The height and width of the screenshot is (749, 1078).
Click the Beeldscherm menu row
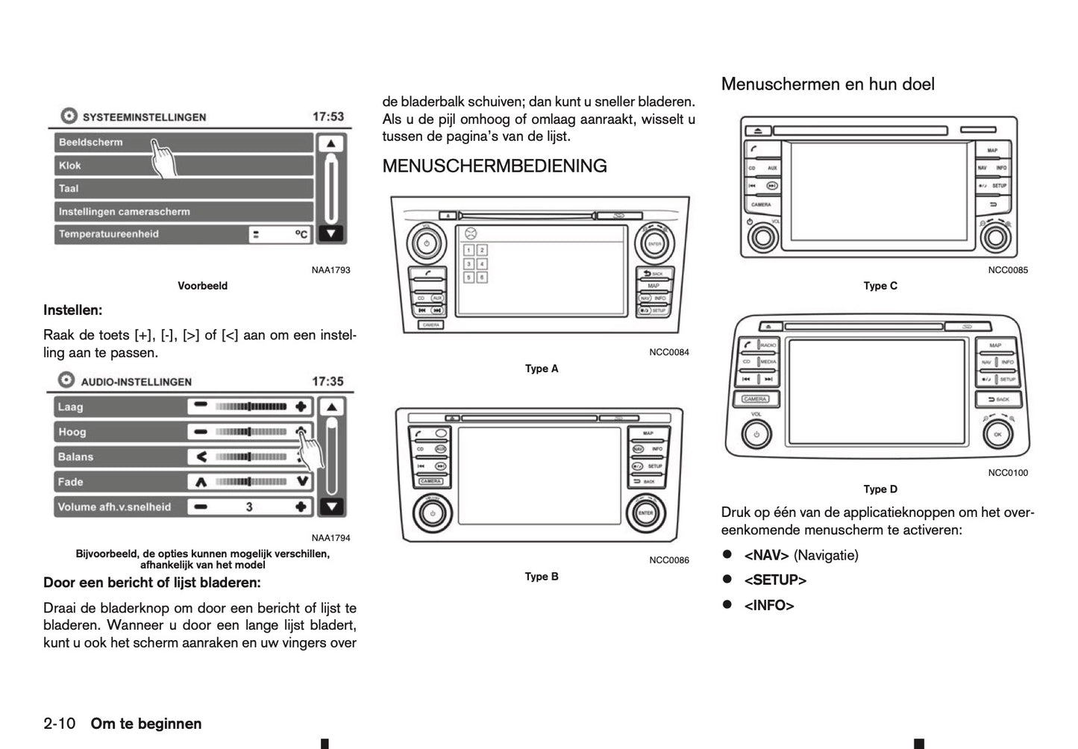(x=183, y=142)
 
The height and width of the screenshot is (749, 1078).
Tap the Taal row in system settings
(x=183, y=189)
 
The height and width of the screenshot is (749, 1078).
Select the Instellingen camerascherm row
(x=183, y=212)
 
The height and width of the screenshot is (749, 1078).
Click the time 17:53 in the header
(x=328, y=117)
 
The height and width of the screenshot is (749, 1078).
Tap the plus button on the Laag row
(x=301, y=407)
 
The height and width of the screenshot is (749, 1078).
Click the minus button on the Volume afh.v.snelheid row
(x=200, y=507)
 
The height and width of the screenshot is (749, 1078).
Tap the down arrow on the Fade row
(x=301, y=482)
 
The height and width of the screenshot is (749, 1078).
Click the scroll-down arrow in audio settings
(x=331, y=507)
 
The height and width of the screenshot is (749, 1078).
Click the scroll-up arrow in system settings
(x=330, y=143)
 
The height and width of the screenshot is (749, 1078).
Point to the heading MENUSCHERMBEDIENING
(x=495, y=166)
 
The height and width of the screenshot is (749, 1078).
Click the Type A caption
(x=542, y=369)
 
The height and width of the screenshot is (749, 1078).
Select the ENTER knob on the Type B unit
(x=645, y=513)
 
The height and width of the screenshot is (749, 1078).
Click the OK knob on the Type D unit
(x=997, y=434)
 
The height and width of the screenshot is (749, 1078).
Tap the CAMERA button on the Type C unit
(x=761, y=204)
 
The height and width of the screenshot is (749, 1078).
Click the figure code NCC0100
(x=1008, y=472)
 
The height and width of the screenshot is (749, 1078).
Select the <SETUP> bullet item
(x=775, y=580)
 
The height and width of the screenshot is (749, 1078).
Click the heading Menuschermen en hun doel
(x=827, y=84)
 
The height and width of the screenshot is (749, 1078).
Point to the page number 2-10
(x=60, y=724)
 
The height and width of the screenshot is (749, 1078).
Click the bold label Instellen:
(x=73, y=310)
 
